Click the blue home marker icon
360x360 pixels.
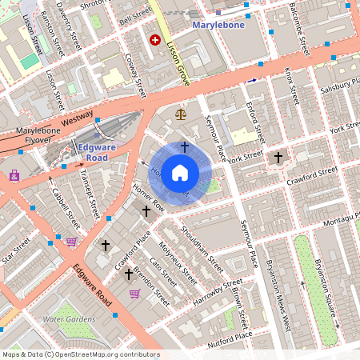pyautogui.click(x=180, y=172)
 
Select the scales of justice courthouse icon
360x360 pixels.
pyautogui.click(x=180, y=114)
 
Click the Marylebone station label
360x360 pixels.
pyautogui.click(x=221, y=26)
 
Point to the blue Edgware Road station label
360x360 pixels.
pyautogui.click(x=94, y=152)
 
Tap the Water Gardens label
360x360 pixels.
pyautogui.click(x=69, y=319)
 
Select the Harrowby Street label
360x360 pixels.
pyautogui.click(x=218, y=293)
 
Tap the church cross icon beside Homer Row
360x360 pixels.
pyautogui.click(x=146, y=210)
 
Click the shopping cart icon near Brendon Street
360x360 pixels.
pyautogui.click(x=134, y=294)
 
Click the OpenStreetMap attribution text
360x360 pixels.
pyautogui.click(x=80, y=354)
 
